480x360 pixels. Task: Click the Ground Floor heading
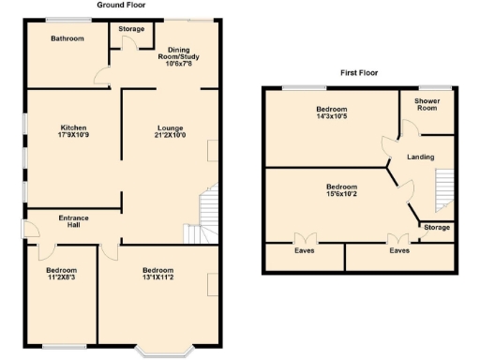[x=120, y=5]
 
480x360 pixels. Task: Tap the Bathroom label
[x=67, y=38]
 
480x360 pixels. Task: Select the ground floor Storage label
[x=131, y=29]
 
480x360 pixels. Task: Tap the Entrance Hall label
[x=74, y=222]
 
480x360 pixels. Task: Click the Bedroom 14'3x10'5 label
[x=331, y=112]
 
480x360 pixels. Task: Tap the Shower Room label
[x=427, y=104]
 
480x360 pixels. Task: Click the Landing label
[x=420, y=156]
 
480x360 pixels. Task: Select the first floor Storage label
[x=436, y=228]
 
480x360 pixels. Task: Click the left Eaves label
[x=304, y=250]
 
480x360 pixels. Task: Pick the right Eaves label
[x=399, y=250]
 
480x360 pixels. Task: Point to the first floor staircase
[x=444, y=190]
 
